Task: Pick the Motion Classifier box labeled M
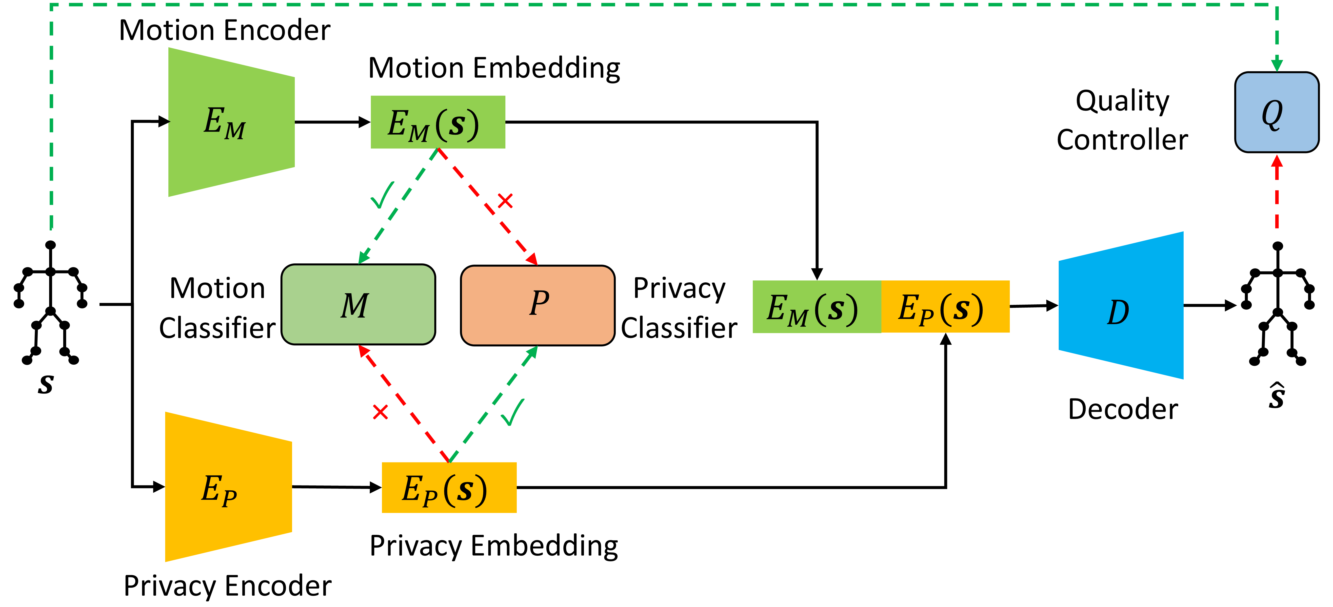point(358,305)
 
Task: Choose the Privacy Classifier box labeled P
point(538,305)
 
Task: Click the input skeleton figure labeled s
point(50,303)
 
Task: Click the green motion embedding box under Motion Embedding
point(438,122)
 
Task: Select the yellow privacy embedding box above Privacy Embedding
point(449,487)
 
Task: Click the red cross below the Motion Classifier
point(380,412)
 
